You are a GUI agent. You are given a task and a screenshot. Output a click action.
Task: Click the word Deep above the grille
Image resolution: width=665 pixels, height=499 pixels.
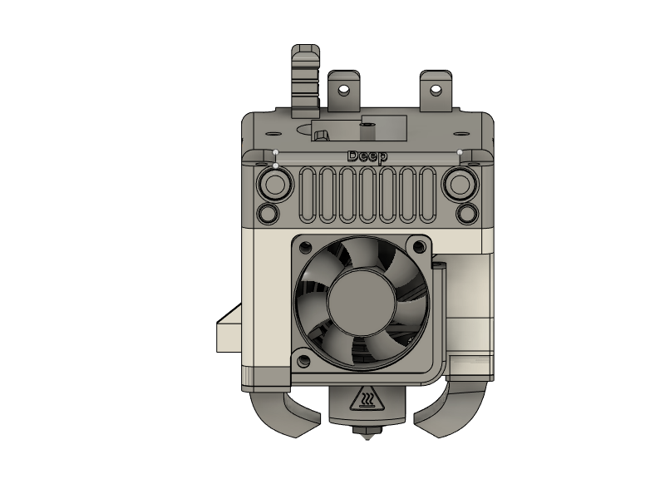point(367,156)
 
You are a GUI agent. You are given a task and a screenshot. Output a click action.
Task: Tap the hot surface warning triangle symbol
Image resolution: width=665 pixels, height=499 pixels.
point(366,401)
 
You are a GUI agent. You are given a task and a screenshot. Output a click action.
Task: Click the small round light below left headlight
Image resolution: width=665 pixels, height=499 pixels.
point(268,213)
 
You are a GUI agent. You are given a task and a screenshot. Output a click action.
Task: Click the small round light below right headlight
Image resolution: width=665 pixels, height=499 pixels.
point(466,213)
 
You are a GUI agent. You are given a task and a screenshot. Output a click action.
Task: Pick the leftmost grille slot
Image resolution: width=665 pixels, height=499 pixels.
point(308,195)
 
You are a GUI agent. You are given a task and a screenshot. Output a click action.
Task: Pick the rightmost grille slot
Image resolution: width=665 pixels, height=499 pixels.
point(426,195)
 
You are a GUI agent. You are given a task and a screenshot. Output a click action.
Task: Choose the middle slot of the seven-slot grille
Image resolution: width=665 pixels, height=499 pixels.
point(367,195)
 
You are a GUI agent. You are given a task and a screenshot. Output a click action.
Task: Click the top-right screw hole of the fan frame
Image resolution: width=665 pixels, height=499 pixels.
point(420,246)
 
